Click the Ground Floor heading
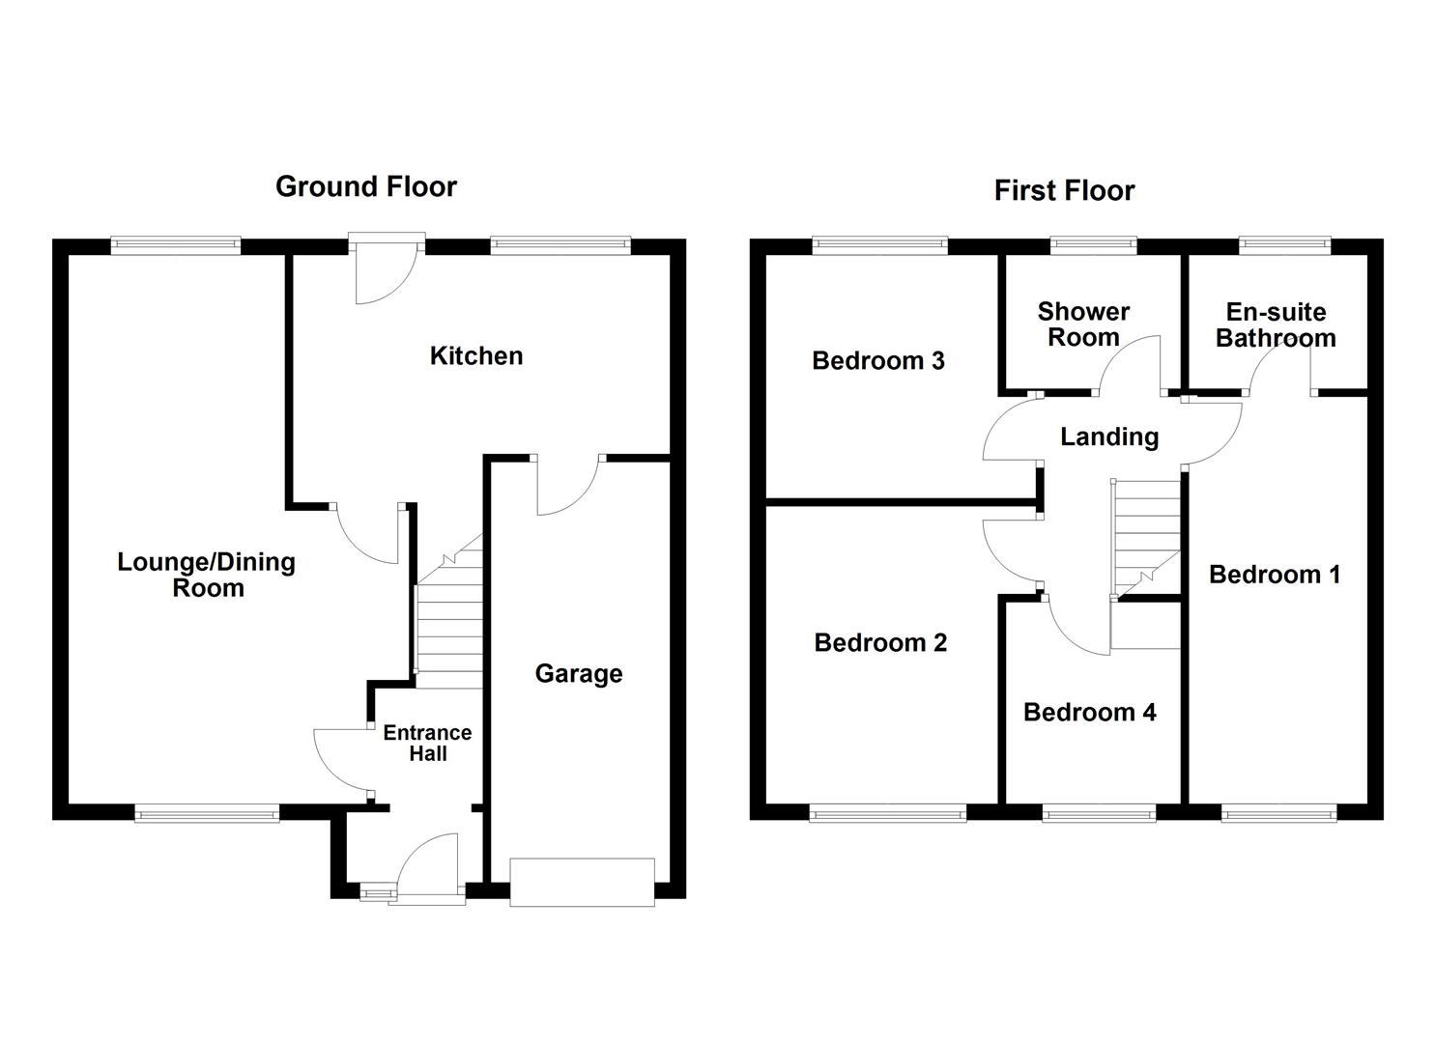(365, 186)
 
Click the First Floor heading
(1064, 190)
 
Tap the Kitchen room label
(476, 355)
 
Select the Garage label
(579, 673)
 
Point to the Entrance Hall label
(427, 743)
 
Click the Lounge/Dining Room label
(207, 575)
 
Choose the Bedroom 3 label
(878, 360)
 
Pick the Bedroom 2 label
(880, 642)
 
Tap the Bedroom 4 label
(1089, 712)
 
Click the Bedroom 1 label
(1275, 575)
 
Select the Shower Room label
(1083, 324)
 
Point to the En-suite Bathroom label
(1276, 324)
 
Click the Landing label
(1109, 437)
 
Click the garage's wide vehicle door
(582, 882)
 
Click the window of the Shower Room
(1094, 245)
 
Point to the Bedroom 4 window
(1100, 814)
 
